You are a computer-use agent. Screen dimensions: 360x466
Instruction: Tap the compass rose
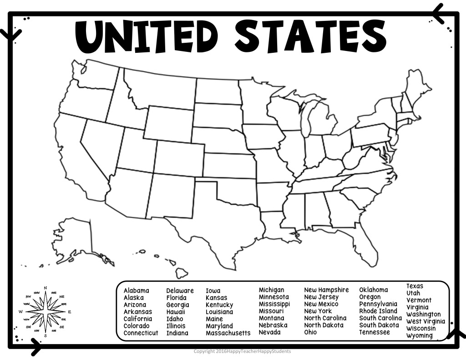coord(45,312)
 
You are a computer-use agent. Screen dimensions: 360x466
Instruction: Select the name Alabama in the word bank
coord(136,290)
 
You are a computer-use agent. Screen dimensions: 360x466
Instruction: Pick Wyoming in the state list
coord(420,335)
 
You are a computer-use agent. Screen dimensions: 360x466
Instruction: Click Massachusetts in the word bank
coord(228,333)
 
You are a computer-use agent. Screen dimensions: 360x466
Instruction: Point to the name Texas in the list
coord(415,286)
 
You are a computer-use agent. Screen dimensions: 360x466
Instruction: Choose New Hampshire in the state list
coord(326,290)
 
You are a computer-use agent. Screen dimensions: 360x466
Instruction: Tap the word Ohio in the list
coord(311,332)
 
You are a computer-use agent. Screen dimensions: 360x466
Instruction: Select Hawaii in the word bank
coord(176,312)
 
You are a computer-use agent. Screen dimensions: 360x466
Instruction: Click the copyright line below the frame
coord(242,351)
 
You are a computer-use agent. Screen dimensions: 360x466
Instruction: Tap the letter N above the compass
coord(45,288)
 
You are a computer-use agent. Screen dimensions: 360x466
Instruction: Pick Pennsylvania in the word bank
coord(378,304)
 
